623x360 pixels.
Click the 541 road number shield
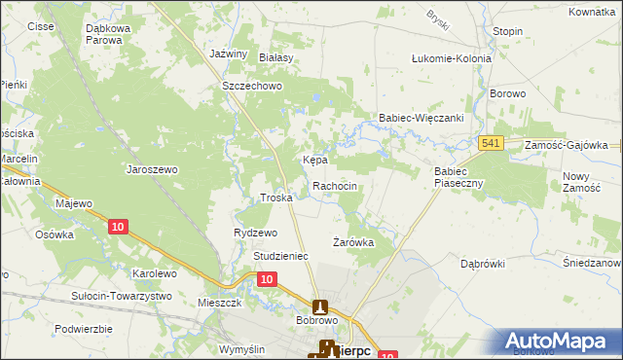pos(491,144)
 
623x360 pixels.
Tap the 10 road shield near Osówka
pos(118,227)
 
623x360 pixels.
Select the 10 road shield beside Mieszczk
pos(268,279)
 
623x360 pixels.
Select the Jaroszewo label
pos(153,169)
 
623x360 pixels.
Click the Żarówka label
pos(353,242)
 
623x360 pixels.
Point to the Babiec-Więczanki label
pos(421,118)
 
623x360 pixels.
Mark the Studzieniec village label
pos(280,256)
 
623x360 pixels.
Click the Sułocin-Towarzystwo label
pos(122,296)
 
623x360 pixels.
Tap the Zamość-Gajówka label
pos(566,144)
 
